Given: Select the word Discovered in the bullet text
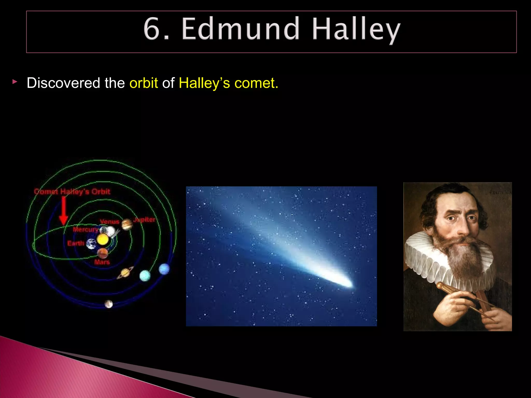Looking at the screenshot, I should click(63, 83).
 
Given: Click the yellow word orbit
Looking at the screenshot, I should click(144, 83).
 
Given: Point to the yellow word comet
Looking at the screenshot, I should click(256, 83).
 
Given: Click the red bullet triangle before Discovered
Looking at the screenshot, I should click(15, 82).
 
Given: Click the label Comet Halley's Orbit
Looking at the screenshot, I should click(72, 192).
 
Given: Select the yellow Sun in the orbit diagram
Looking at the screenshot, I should click(103, 239).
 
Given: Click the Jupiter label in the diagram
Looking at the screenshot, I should click(144, 220).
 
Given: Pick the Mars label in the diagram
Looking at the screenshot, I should click(102, 262).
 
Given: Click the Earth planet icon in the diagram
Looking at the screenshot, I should click(91, 244).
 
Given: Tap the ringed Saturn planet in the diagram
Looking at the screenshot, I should click(125, 273).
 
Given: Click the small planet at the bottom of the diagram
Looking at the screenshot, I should click(109, 304).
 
